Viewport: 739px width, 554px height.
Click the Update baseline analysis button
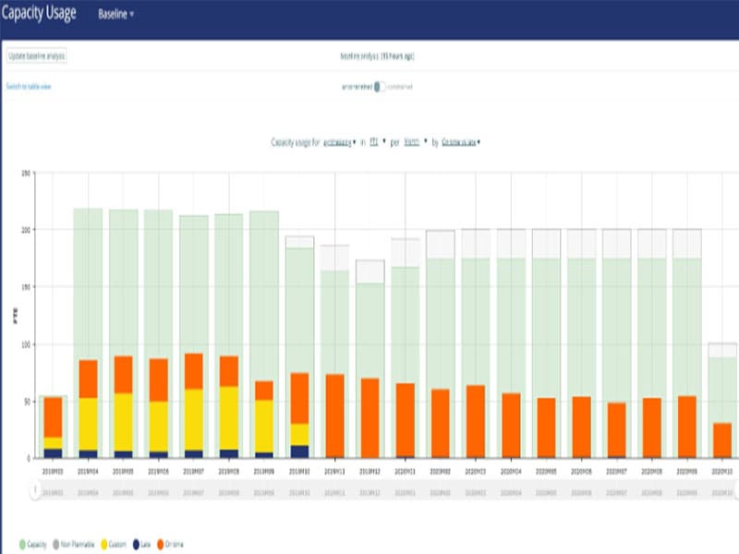[x=36, y=56]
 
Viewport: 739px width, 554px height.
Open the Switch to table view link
[x=29, y=86]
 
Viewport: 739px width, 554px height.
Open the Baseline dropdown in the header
[x=115, y=15]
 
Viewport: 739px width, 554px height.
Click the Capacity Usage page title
[x=38, y=14]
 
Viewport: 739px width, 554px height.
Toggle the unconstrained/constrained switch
[x=380, y=87]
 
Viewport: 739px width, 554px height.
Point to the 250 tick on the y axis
[x=27, y=173]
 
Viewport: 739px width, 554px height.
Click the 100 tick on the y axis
[x=27, y=343]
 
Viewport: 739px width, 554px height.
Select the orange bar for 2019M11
[x=335, y=415]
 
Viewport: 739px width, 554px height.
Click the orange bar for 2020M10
[x=722, y=440]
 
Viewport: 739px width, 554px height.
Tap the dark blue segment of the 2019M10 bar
[x=299, y=452]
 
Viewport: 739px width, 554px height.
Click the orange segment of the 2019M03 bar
[x=53, y=416]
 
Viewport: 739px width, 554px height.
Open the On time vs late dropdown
[x=461, y=142]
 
